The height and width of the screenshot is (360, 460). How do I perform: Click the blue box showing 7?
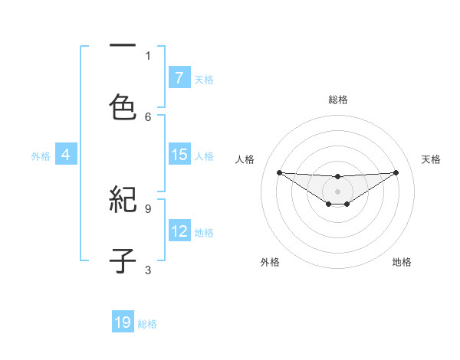coord(179,78)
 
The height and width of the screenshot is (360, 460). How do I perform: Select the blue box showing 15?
coord(179,155)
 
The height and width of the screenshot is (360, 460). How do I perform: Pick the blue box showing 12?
coord(179,231)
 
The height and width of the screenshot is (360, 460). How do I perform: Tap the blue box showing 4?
coord(66,155)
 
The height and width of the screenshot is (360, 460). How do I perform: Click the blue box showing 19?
coord(123,322)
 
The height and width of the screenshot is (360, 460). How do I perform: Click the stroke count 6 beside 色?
coord(148,116)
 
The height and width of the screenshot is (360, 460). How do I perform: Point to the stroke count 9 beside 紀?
coord(148,208)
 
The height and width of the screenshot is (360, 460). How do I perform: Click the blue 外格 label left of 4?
coord(41,156)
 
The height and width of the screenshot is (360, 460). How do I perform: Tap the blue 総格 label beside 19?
coord(147,324)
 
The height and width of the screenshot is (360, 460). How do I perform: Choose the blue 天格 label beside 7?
coord(204,80)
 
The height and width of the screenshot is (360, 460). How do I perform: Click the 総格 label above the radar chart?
coord(337,100)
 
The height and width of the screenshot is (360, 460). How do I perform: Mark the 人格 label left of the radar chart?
coord(245,159)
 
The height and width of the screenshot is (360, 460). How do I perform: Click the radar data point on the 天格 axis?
coord(396,172)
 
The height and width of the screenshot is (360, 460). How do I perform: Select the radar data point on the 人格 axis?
coord(279,172)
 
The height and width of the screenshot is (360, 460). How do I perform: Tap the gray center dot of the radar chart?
coord(337,191)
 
